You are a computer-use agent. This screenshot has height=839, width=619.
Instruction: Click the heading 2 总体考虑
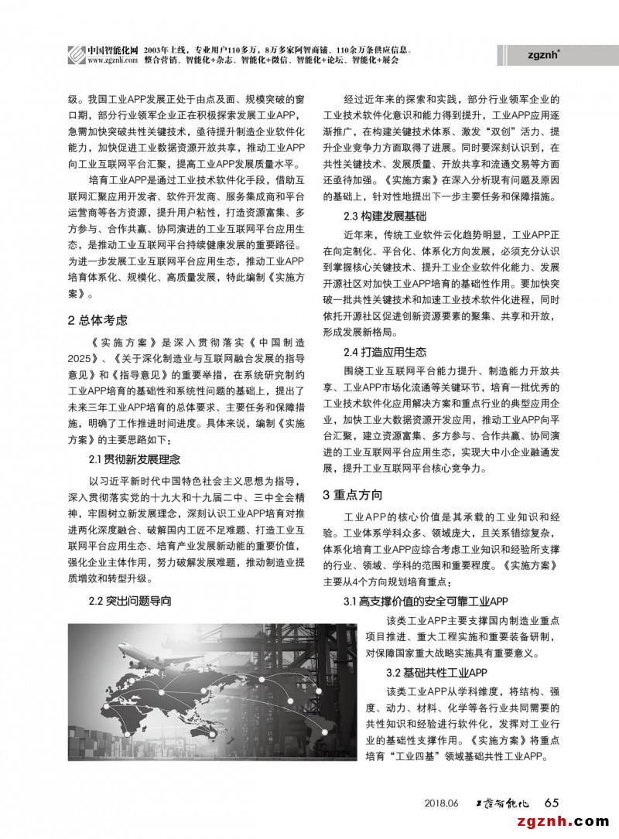[x=97, y=320]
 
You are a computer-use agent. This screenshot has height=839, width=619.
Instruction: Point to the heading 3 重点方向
[x=352, y=495]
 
